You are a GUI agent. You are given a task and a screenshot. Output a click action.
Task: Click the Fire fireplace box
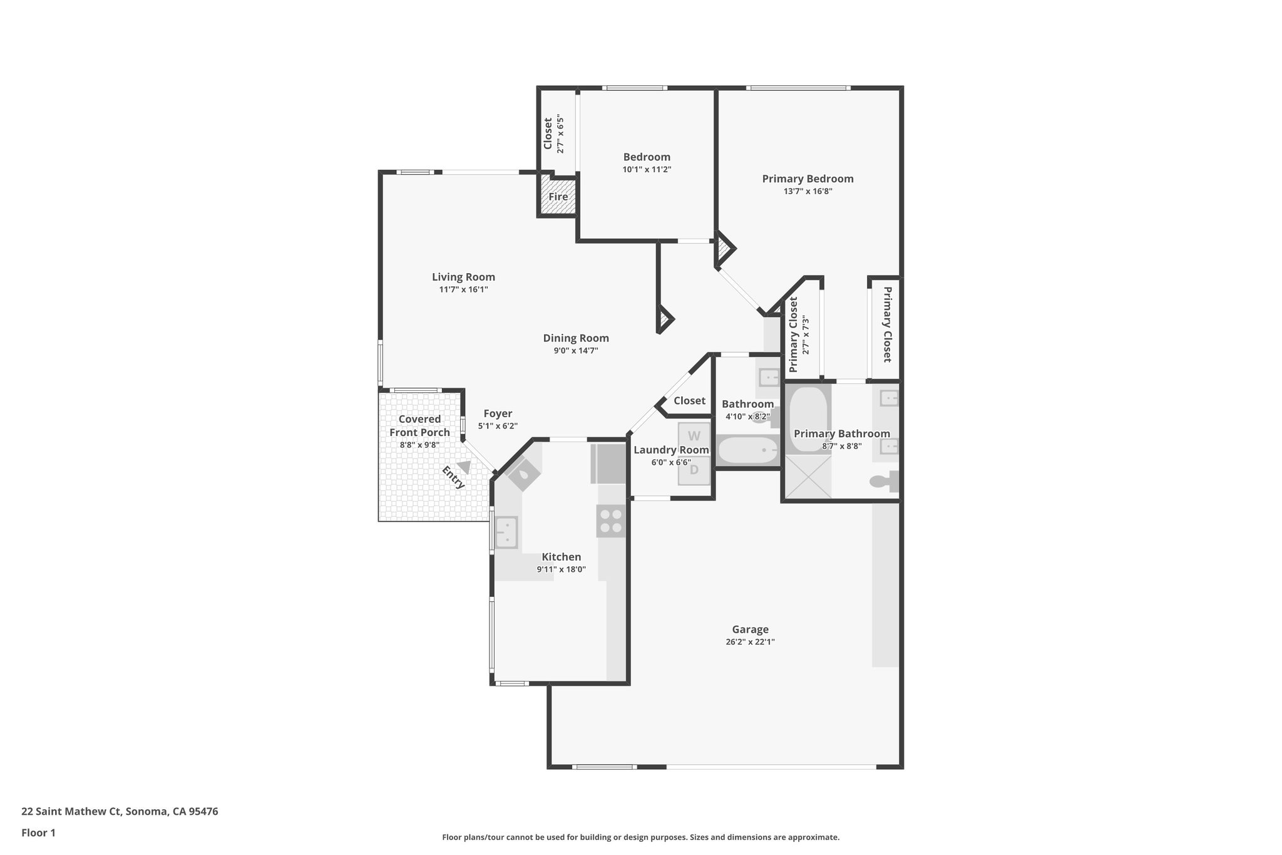(x=558, y=197)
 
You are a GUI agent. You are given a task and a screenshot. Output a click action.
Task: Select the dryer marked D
(x=694, y=470)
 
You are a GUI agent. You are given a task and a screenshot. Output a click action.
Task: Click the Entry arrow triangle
(x=464, y=467)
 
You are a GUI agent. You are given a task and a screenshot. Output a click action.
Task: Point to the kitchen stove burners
(x=611, y=521)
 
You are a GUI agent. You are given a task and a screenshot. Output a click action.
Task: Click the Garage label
(x=750, y=630)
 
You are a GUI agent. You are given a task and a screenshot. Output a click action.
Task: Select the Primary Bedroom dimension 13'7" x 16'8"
(x=808, y=192)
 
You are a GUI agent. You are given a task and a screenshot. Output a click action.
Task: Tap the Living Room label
(x=463, y=277)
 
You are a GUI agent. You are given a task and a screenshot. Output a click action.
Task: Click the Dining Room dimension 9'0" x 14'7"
(x=575, y=351)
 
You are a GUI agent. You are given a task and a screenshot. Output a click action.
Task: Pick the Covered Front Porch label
(x=419, y=425)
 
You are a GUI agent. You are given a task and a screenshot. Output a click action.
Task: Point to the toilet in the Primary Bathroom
(x=883, y=482)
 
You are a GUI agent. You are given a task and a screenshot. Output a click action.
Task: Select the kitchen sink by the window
(x=506, y=532)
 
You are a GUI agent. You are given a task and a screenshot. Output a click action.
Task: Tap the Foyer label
(x=498, y=413)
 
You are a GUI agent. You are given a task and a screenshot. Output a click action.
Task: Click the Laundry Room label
(x=670, y=450)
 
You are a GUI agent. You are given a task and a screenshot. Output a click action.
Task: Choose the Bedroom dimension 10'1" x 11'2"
(x=647, y=170)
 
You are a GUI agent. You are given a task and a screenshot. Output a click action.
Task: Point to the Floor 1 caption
(x=38, y=832)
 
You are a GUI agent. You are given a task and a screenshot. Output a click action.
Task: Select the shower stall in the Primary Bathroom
(x=808, y=476)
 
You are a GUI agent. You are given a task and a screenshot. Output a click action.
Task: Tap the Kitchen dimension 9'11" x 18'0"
(x=561, y=569)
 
